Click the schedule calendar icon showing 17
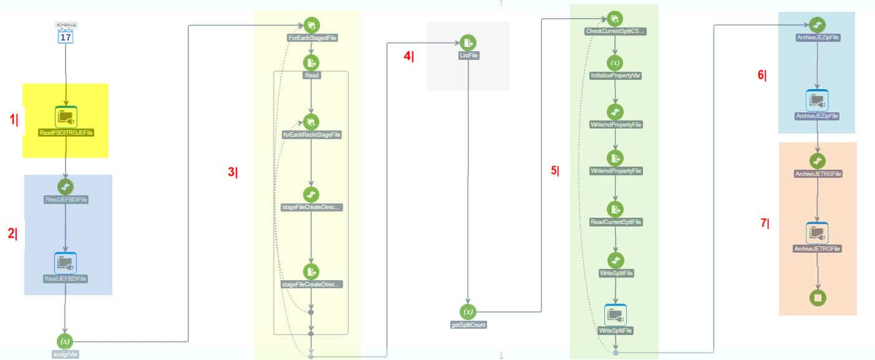click(x=65, y=35)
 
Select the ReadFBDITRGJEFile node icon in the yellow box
click(x=65, y=117)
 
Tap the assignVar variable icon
click(x=65, y=341)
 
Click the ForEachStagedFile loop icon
click(x=312, y=25)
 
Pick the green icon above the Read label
click(x=311, y=62)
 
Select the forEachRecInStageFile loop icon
click(x=311, y=122)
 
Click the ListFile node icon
click(x=468, y=42)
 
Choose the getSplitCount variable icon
click(x=468, y=312)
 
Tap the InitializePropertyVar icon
click(x=615, y=63)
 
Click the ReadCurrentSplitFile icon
click(x=616, y=210)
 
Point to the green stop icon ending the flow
click(x=817, y=298)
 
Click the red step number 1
click(x=13, y=120)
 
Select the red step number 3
click(x=232, y=173)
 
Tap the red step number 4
click(x=407, y=56)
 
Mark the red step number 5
click(x=554, y=171)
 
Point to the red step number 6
click(x=761, y=75)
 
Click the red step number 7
click(x=764, y=223)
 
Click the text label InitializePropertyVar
click(x=616, y=75)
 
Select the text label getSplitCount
click(x=468, y=324)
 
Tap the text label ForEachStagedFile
click(x=312, y=38)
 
